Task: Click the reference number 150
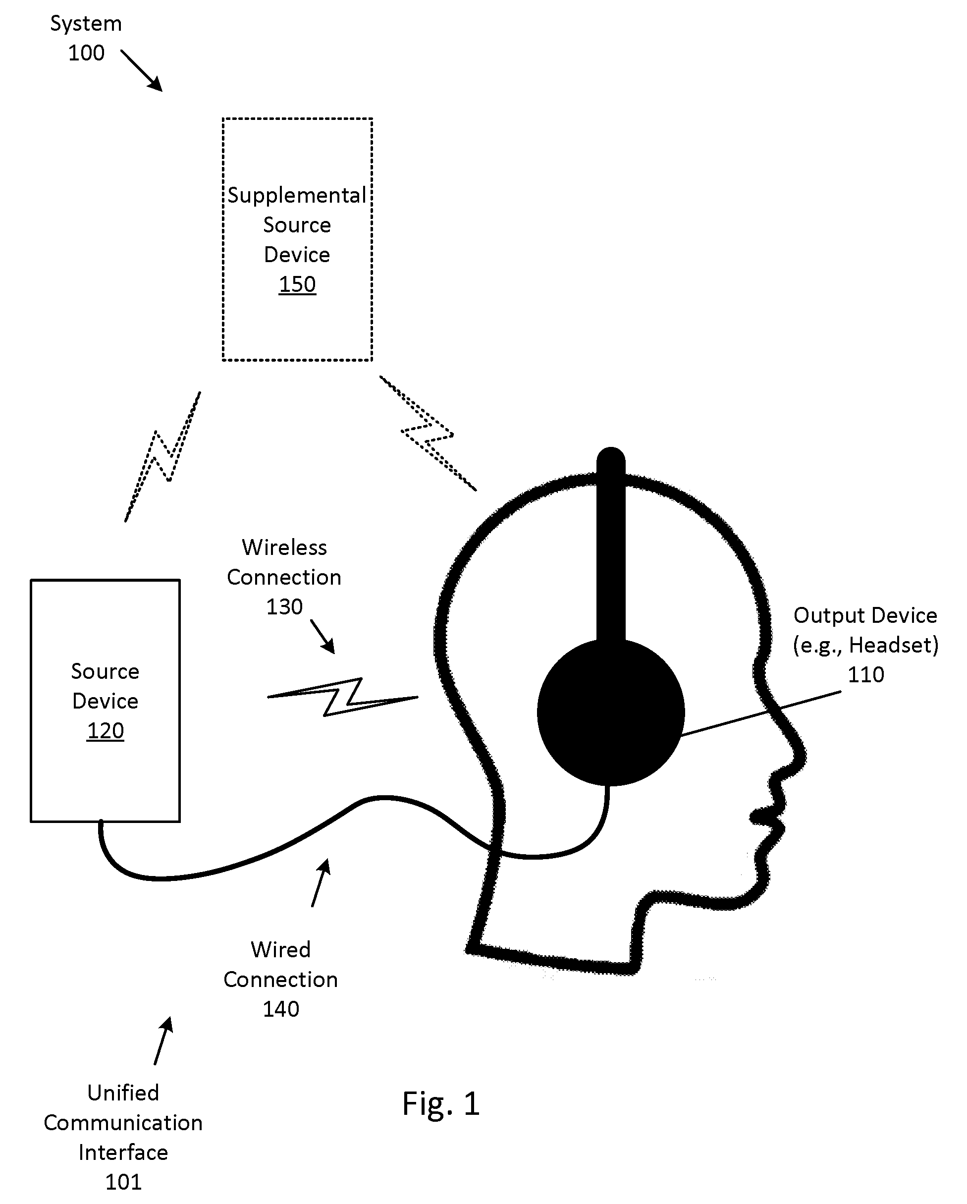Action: point(297,284)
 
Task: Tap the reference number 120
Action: point(105,730)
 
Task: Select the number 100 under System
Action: point(86,53)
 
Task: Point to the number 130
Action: point(284,606)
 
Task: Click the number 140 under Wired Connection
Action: point(281,1009)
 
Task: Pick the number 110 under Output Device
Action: point(866,675)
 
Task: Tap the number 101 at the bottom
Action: point(123,1182)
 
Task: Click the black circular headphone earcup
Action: point(611,712)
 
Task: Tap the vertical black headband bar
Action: point(611,545)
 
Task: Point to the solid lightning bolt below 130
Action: point(343,697)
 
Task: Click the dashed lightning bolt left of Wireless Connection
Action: point(162,456)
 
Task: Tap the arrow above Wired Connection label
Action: point(321,882)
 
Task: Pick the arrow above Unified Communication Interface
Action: point(163,1040)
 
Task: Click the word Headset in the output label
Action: point(892,645)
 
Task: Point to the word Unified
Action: point(123,1093)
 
